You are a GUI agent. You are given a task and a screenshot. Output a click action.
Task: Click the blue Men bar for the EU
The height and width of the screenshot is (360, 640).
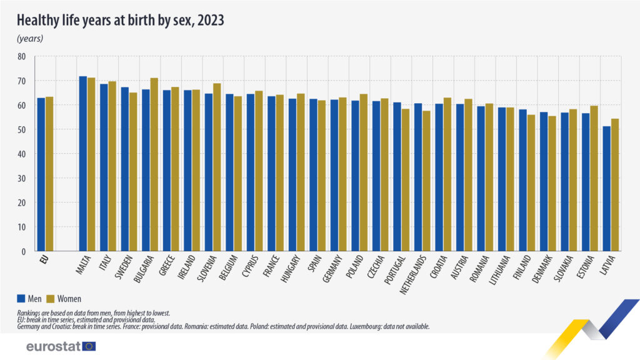(41, 175)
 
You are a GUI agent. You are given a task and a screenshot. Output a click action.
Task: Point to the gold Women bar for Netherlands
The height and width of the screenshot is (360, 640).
(426, 181)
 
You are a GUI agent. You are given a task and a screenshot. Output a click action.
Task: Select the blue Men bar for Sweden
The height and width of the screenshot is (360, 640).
(124, 169)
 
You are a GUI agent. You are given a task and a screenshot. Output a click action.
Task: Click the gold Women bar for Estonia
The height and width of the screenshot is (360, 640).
(594, 179)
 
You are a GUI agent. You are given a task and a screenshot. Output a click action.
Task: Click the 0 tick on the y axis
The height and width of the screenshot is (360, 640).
(24, 252)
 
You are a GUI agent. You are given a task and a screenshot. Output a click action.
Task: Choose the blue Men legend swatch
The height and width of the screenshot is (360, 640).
(21, 299)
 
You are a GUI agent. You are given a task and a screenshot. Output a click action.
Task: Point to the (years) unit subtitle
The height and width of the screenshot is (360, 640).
(29, 39)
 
